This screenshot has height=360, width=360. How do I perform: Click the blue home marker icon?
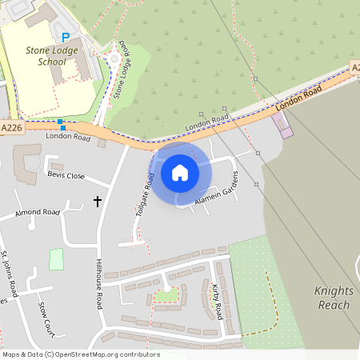tap(180, 172)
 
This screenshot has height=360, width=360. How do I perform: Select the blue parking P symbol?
tap(66, 38)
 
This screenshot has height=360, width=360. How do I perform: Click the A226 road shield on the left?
tap(11, 127)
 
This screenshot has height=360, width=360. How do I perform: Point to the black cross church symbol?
tap(98, 202)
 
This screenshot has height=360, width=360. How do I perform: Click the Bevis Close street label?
tap(66, 174)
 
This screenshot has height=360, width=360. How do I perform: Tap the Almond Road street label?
tap(38, 214)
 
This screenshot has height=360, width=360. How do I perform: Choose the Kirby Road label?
tap(218, 301)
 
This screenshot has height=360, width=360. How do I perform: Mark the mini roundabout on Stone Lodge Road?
tap(114, 58)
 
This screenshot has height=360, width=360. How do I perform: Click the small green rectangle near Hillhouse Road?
tap(56, 259)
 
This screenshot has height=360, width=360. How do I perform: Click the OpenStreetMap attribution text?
tap(80, 354)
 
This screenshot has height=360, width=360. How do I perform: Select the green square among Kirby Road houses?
tap(166, 296)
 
